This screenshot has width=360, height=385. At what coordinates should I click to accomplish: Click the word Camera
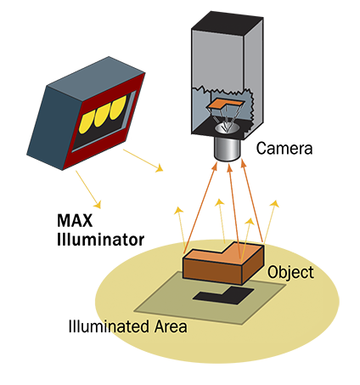[x=284, y=149]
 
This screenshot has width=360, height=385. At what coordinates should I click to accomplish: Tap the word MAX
[x=75, y=220]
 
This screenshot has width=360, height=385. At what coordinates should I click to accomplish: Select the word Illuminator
[x=100, y=240]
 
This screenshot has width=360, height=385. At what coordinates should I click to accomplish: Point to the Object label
[x=290, y=273]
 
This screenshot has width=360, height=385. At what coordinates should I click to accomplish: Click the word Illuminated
[x=109, y=326]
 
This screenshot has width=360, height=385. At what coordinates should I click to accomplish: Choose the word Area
[x=171, y=326]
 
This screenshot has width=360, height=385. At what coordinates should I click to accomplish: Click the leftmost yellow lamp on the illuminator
[x=87, y=122]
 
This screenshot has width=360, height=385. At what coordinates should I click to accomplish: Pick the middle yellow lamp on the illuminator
[x=102, y=115]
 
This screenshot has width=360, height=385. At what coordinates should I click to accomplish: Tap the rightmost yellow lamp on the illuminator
[x=118, y=108]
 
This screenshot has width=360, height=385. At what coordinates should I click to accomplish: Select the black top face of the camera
[x=228, y=24]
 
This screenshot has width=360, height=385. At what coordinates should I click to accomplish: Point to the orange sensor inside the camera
[x=225, y=104]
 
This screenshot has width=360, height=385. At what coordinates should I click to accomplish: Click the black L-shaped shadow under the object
[x=223, y=295]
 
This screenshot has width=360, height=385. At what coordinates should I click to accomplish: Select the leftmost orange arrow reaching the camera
[x=200, y=208]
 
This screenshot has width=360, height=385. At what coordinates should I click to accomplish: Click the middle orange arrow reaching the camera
[x=234, y=211]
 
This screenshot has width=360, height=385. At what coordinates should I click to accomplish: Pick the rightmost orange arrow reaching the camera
[x=252, y=201]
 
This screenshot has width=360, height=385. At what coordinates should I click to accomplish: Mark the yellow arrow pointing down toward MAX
[x=88, y=190]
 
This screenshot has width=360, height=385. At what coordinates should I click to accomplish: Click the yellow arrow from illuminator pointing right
[x=143, y=161]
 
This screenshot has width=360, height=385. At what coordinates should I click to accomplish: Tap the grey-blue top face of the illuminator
[x=96, y=78]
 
